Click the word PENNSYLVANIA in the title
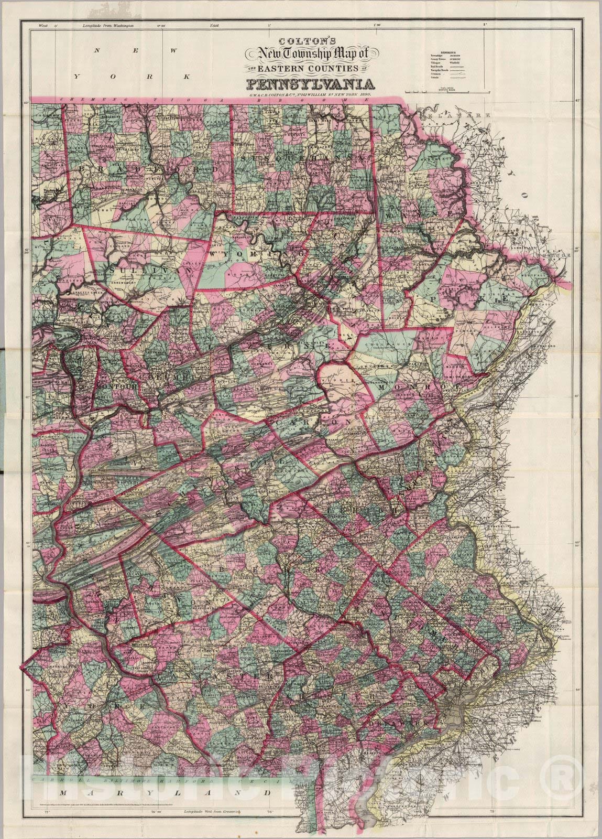310,84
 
